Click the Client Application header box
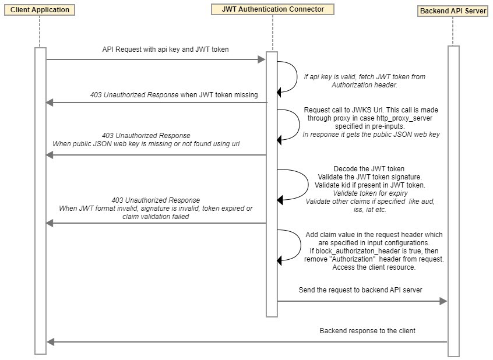(39, 10)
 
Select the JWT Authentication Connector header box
(273, 9)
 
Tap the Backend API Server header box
(453, 11)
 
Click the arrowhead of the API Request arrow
(262, 59)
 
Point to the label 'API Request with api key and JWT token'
(165, 50)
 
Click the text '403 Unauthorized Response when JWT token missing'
(174, 95)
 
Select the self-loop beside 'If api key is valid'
(297, 77)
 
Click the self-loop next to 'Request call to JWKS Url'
(299, 125)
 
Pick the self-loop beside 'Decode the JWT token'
(308, 185)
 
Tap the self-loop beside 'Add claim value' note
(300, 245)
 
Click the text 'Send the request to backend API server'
(360, 290)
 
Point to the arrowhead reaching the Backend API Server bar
(443, 301)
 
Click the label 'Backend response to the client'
(367, 331)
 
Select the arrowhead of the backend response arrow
(50, 342)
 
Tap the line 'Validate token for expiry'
(371, 193)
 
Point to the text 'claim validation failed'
(156, 217)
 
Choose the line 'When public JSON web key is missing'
(146, 144)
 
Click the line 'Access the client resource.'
(374, 267)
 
